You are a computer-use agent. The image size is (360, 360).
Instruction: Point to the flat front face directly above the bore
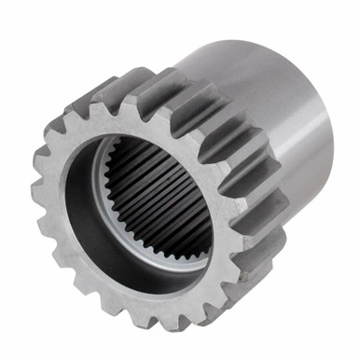(x=140, y=117)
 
